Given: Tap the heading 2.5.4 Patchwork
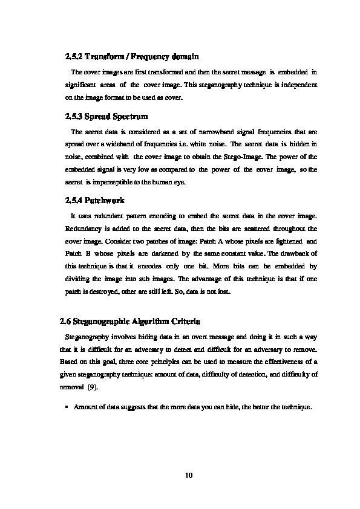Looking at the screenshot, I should (x=94, y=199).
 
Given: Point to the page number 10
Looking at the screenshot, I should (x=188, y=475).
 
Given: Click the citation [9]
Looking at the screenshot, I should (x=93, y=387).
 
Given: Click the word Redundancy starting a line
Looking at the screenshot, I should (x=81, y=229).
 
